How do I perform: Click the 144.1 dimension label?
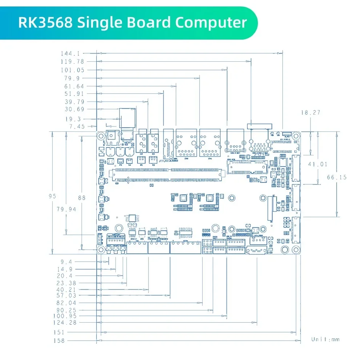point(70,54)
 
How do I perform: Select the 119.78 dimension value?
point(72,61)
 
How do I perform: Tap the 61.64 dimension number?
point(74,86)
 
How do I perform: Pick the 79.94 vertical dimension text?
point(64,209)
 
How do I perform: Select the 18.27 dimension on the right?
point(310,112)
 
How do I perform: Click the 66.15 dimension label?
point(337,177)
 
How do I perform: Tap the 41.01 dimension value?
point(317,164)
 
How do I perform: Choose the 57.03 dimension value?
point(66,295)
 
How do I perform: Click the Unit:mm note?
point(325,339)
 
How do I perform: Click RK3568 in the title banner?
point(45,22)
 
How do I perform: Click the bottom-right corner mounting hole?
point(296,250)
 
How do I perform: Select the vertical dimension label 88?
point(82,198)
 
